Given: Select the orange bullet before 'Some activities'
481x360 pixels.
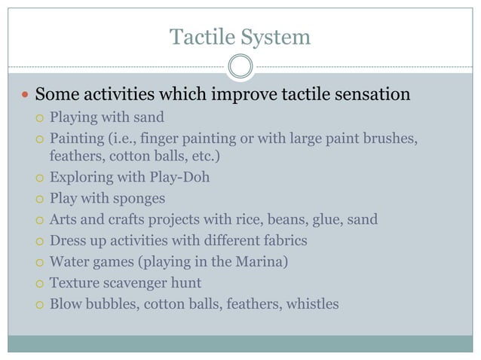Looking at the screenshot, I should pos(24,96).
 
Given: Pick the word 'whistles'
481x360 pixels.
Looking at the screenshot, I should pos(311,304).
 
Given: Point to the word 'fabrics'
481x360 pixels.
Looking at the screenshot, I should pos(281,241).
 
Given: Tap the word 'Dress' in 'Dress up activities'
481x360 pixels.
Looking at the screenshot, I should pos(68,241).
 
